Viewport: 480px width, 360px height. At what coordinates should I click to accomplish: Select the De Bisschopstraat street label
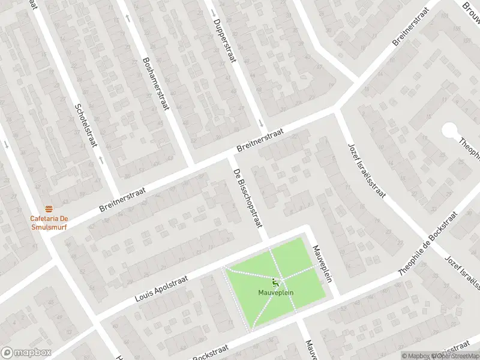coord(248,197)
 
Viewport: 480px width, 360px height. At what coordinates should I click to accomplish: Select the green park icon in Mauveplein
coord(276,282)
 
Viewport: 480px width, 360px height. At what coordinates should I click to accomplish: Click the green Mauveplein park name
coord(275,294)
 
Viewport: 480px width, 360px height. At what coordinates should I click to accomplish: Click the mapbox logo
coord(25,352)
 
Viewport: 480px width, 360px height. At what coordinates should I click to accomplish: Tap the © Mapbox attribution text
coord(418,355)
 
